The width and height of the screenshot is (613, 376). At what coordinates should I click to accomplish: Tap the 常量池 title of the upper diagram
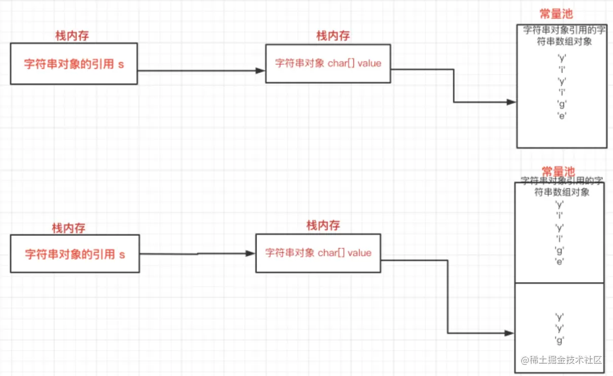(x=557, y=15)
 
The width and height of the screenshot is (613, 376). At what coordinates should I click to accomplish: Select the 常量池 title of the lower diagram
(x=558, y=172)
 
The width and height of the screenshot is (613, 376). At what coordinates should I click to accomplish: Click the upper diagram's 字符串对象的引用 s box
(x=74, y=64)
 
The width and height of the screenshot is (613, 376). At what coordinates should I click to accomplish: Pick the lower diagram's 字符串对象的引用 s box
(x=75, y=254)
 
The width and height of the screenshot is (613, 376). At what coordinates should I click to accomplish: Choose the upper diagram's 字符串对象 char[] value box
(x=328, y=63)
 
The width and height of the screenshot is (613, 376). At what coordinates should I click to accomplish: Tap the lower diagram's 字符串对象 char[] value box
(x=318, y=253)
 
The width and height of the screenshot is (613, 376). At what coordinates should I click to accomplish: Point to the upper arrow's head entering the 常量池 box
(x=511, y=102)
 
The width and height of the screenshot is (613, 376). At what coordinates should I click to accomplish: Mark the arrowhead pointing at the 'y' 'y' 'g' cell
(x=509, y=333)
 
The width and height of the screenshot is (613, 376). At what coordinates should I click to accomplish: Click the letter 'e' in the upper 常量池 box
(x=562, y=115)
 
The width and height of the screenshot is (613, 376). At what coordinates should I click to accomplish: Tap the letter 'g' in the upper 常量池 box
(x=562, y=104)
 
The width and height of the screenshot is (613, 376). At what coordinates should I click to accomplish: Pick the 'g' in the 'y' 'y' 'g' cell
(x=560, y=340)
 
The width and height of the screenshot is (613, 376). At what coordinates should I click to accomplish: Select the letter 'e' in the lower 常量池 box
(x=560, y=261)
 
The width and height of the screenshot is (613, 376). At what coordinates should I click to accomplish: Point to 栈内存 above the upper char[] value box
(x=333, y=36)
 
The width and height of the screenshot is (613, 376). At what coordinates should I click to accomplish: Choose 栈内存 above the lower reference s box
(x=68, y=228)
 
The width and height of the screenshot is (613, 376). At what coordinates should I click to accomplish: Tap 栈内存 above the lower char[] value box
(x=323, y=226)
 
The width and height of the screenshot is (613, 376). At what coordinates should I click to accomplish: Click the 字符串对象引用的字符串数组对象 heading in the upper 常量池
(x=564, y=36)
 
